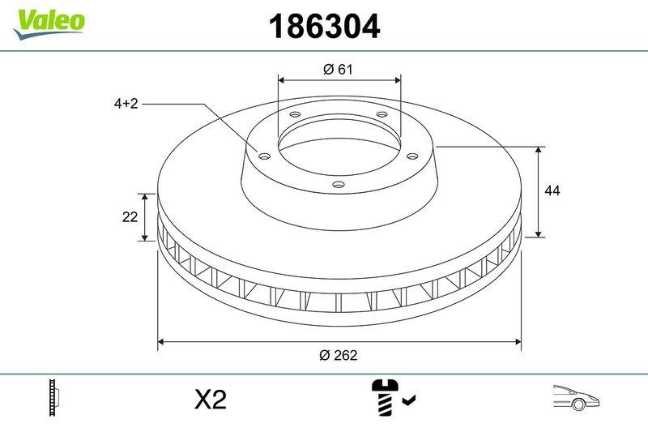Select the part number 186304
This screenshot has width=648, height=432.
pyautogui.click(x=323, y=28)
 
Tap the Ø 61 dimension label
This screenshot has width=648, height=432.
pyautogui.click(x=338, y=70)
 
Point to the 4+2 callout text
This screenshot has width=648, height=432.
pyautogui.click(x=126, y=104)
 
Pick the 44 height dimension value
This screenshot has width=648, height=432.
pyautogui.click(x=552, y=191)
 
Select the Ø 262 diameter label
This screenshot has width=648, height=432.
pyautogui.click(x=339, y=355)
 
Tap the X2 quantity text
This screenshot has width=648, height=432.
pyautogui.click(x=211, y=400)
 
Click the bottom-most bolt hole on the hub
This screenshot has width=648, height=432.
pyautogui.click(x=339, y=186)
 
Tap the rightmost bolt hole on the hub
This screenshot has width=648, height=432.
pyautogui.click(x=411, y=156)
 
